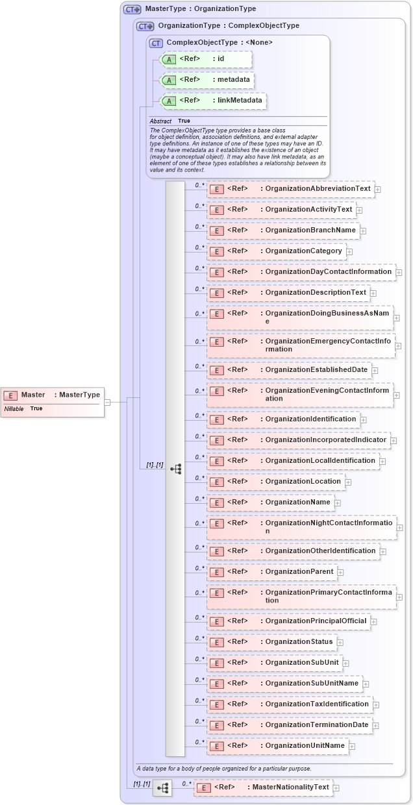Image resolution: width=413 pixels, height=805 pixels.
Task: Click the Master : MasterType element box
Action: tap(53, 395)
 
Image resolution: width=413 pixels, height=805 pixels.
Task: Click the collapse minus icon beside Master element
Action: tap(107, 402)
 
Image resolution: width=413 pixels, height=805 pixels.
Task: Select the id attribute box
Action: tap(196, 59)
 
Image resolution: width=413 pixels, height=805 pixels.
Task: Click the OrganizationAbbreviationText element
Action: tap(290, 189)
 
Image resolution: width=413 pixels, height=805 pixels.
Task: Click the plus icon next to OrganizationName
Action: tap(338, 502)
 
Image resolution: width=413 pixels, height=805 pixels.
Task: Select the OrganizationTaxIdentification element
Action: tap(290, 704)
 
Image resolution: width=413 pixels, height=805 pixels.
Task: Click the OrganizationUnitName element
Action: tap(277, 746)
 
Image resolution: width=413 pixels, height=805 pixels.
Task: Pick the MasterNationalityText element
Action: tap(262, 787)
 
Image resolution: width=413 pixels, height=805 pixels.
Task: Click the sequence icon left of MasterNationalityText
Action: tap(162, 788)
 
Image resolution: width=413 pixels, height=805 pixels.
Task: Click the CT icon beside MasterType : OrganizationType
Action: tap(132, 10)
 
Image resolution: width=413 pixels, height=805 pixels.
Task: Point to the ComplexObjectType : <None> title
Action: tap(219, 42)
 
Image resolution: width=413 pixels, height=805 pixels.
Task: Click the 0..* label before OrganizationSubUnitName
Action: tap(199, 680)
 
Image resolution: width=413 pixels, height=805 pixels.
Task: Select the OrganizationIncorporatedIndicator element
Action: tap(299, 440)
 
